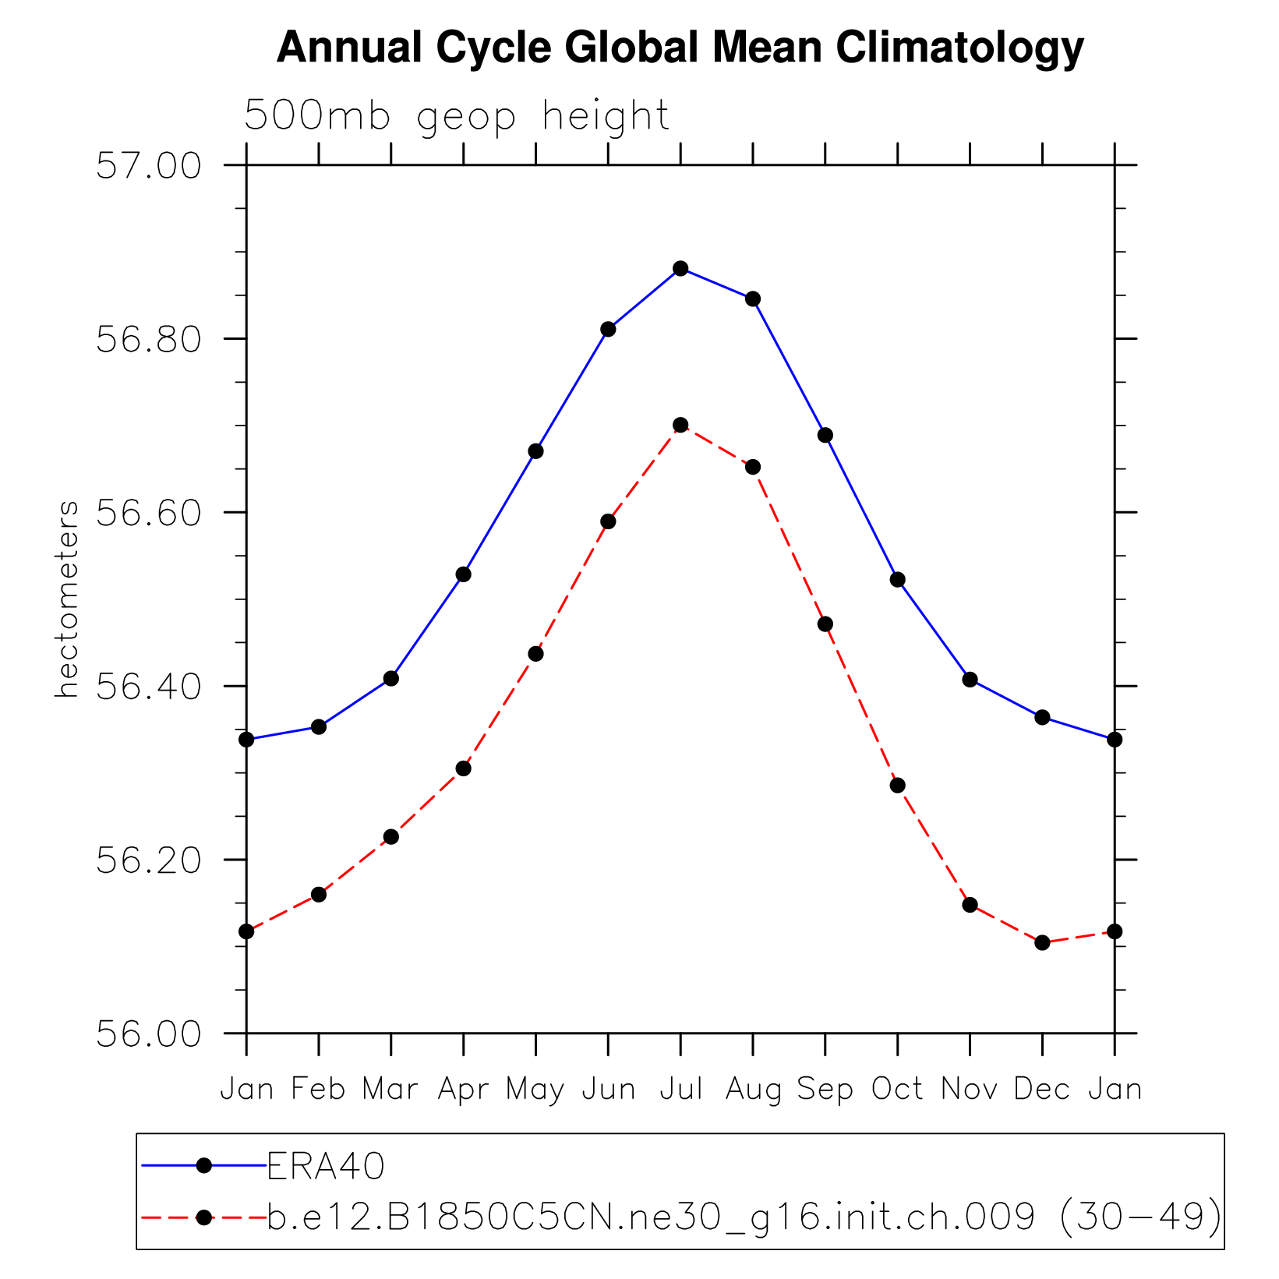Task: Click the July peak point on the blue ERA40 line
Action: (680, 269)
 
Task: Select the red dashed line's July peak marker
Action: (680, 425)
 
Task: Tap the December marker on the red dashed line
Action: (1042, 942)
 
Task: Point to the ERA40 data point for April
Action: (464, 574)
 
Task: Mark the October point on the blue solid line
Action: (897, 579)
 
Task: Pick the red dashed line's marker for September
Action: (825, 624)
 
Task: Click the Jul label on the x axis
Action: (681, 1089)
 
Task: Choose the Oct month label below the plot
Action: (897, 1089)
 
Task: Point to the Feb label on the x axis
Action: (318, 1089)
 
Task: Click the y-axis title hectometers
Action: (67, 599)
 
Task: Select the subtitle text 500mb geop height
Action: (457, 116)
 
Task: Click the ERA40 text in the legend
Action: (326, 1167)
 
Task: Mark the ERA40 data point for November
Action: (970, 680)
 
